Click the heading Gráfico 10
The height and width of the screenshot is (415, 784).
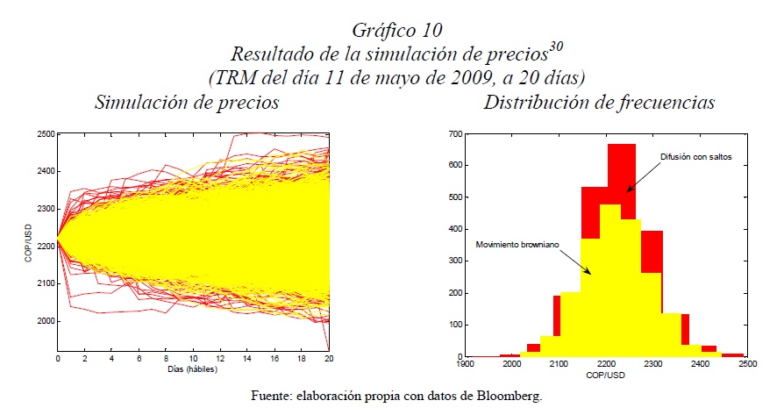point(390,34)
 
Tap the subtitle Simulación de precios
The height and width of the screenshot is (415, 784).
point(187,103)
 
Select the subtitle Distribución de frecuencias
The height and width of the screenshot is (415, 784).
point(599,103)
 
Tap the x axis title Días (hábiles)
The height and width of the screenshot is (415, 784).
point(194,370)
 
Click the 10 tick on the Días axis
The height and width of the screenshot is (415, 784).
point(194,360)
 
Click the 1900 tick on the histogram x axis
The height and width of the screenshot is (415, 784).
point(465,362)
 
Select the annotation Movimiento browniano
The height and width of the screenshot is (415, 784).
point(517,243)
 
